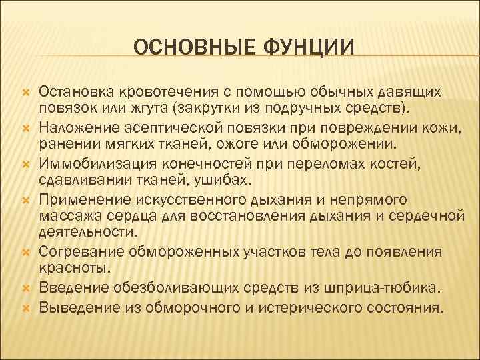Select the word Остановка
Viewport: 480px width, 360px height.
click(75, 90)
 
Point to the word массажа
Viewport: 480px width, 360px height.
click(65, 215)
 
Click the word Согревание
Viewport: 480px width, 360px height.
click(79, 252)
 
